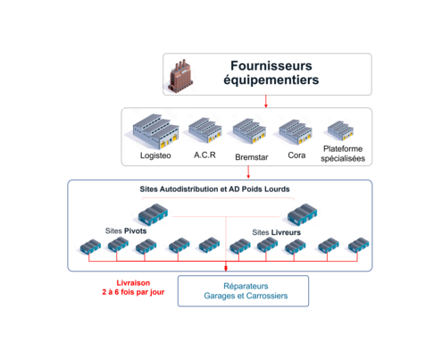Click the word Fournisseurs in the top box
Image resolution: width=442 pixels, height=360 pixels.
pos(271,66)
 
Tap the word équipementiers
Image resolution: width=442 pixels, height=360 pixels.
pos(271,80)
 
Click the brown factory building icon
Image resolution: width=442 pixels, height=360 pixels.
pos(180,76)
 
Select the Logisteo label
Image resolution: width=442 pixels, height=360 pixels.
pos(155,155)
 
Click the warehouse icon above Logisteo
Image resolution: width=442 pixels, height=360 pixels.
pos(155,131)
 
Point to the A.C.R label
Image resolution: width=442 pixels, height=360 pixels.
pos(204,155)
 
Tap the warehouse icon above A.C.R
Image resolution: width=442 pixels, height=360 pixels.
pos(205,130)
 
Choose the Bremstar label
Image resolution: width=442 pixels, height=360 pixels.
pos(252,157)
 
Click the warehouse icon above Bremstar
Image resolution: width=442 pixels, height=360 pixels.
pos(249,131)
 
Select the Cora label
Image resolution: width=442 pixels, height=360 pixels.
pos(296,155)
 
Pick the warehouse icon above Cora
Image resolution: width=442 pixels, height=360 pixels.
pos(296,132)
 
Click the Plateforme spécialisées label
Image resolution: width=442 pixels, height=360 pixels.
pos(343,154)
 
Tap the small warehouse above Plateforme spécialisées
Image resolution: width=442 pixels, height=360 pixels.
pos(340,130)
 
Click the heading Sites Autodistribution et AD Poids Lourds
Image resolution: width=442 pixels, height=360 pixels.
pos(214,189)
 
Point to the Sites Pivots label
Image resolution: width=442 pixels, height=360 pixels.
pos(126,230)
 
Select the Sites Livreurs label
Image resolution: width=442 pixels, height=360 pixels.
pos(276,232)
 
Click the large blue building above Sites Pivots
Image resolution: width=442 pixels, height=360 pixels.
pos(153,214)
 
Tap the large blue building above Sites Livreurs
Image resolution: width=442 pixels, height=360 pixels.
pos(302,214)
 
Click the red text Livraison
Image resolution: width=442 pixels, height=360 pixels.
pos(133,283)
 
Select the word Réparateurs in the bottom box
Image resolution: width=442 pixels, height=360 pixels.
pos(246,286)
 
